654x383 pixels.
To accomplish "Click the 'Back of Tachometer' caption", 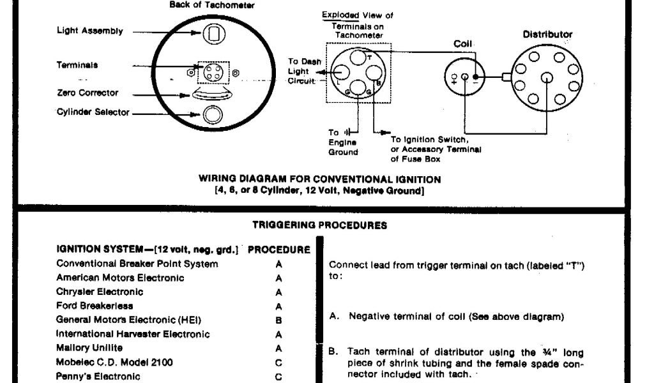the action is point(212,5).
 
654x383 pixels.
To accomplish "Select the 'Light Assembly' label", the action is point(90,31).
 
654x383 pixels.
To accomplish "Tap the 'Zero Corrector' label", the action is point(87,93).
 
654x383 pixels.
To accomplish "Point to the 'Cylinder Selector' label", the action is point(93,112).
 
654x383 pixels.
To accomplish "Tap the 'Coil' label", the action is point(462,44).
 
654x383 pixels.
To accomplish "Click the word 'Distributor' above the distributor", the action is point(547,34).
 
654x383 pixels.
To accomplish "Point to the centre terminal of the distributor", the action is point(547,78).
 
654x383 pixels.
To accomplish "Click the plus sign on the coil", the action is point(453,78).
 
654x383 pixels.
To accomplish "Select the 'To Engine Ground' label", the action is point(343,142).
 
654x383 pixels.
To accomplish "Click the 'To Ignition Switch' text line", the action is point(430,139).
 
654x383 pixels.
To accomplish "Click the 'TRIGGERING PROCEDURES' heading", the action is point(319,225).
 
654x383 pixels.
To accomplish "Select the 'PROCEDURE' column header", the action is point(278,250).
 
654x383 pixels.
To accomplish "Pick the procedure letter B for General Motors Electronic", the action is point(278,320).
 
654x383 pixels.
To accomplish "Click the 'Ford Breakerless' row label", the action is point(95,306).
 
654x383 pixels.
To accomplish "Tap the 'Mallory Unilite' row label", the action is point(89,348).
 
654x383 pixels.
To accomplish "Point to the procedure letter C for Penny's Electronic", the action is point(278,376).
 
